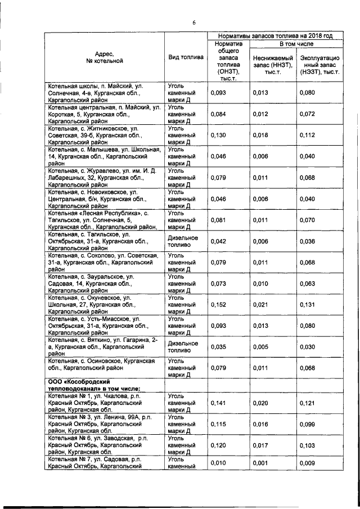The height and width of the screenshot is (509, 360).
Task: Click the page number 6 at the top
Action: click(193, 22)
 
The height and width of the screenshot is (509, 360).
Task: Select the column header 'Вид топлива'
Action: click(186, 57)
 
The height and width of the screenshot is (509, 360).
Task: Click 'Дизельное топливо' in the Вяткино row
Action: click(183, 346)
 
